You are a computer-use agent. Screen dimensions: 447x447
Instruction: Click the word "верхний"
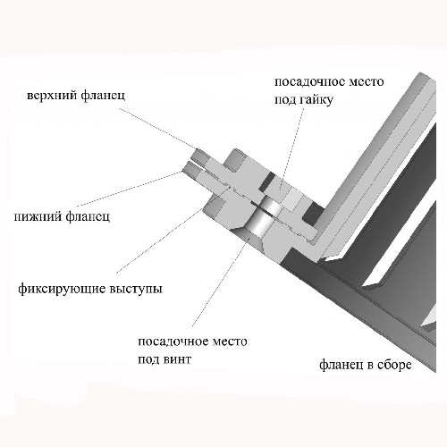click(52, 96)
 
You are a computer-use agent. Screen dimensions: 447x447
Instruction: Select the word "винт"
click(177, 359)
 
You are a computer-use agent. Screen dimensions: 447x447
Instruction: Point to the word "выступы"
click(136, 290)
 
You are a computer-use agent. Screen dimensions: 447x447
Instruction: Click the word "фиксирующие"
click(62, 290)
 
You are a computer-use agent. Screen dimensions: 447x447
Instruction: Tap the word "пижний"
click(37, 216)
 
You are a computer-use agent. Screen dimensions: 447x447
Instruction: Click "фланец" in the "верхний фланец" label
click(103, 96)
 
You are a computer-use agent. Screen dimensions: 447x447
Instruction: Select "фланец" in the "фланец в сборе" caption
click(342, 365)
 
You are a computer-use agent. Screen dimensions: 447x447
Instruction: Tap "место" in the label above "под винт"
click(230, 342)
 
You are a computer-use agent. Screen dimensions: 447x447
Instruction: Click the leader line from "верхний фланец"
click(158, 129)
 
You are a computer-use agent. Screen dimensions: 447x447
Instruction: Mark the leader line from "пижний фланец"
click(129, 189)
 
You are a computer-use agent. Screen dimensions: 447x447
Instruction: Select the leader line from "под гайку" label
click(293, 148)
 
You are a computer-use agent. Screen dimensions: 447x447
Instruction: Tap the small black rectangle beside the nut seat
click(266, 182)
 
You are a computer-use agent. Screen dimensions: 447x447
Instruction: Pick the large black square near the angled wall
click(313, 214)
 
